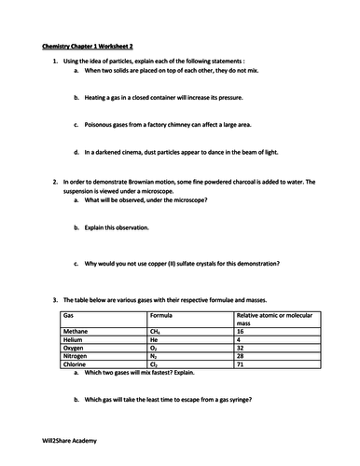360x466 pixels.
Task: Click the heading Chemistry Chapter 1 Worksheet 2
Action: point(89,44)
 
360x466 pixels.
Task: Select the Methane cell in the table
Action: point(76,331)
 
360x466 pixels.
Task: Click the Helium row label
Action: point(73,339)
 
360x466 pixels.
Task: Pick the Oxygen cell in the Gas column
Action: point(75,348)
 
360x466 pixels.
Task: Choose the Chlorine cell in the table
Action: point(76,364)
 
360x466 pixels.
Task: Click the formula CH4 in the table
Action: point(156,331)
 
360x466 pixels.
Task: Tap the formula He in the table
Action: point(154,339)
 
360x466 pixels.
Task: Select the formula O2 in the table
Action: point(154,348)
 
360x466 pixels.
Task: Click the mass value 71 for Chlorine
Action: point(241,364)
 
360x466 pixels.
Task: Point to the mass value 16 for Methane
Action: point(241,331)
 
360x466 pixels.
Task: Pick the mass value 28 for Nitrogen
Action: point(241,356)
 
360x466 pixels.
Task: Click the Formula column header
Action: point(161,315)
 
